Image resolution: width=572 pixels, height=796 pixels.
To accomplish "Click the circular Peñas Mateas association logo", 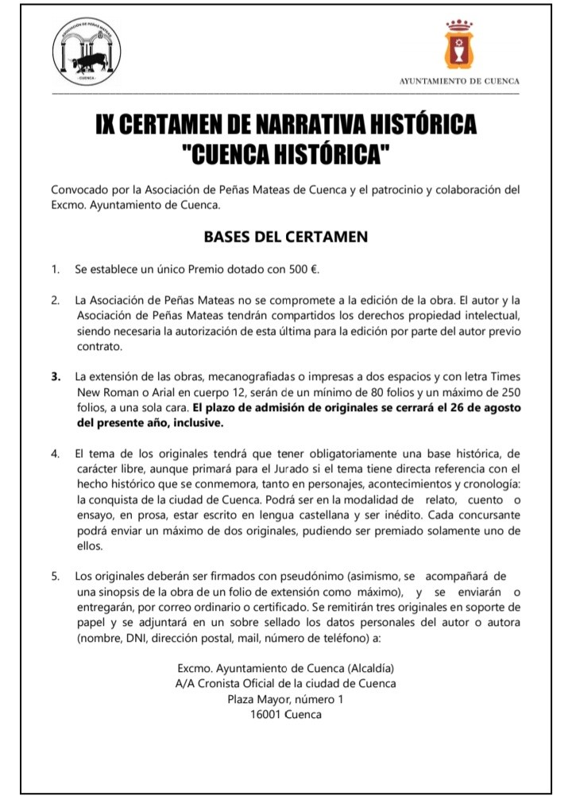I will click(87, 53).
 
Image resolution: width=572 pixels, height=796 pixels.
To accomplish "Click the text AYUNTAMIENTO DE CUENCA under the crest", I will click(459, 81).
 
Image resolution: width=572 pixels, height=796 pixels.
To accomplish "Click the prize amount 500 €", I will click(303, 269).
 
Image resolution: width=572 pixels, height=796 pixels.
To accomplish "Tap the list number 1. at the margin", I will click(56, 269).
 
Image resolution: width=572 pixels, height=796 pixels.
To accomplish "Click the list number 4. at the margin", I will click(56, 453).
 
